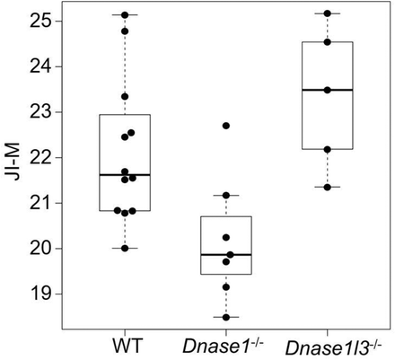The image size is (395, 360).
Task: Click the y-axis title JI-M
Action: click(x=13, y=168)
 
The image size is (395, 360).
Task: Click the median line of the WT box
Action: click(x=125, y=175)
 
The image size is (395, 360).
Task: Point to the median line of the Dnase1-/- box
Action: click(x=226, y=255)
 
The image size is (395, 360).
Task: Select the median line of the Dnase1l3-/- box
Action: click(x=327, y=90)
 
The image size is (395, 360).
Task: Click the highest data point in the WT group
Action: click(x=125, y=15)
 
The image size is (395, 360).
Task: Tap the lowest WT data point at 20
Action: click(x=125, y=248)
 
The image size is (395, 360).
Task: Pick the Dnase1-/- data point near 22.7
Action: click(x=226, y=126)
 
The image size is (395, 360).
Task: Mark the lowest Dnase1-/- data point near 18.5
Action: click(x=226, y=317)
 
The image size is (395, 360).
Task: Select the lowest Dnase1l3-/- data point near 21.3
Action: click(x=327, y=187)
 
